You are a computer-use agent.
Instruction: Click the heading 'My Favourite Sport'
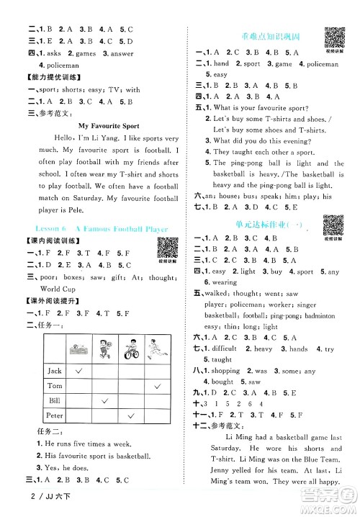(x=99, y=125)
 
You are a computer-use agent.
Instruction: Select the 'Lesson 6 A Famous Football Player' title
(x=91, y=229)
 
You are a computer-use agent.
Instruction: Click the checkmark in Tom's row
(x=156, y=387)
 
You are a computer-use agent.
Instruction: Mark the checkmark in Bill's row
(x=104, y=400)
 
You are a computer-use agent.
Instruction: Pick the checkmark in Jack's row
(x=78, y=370)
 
